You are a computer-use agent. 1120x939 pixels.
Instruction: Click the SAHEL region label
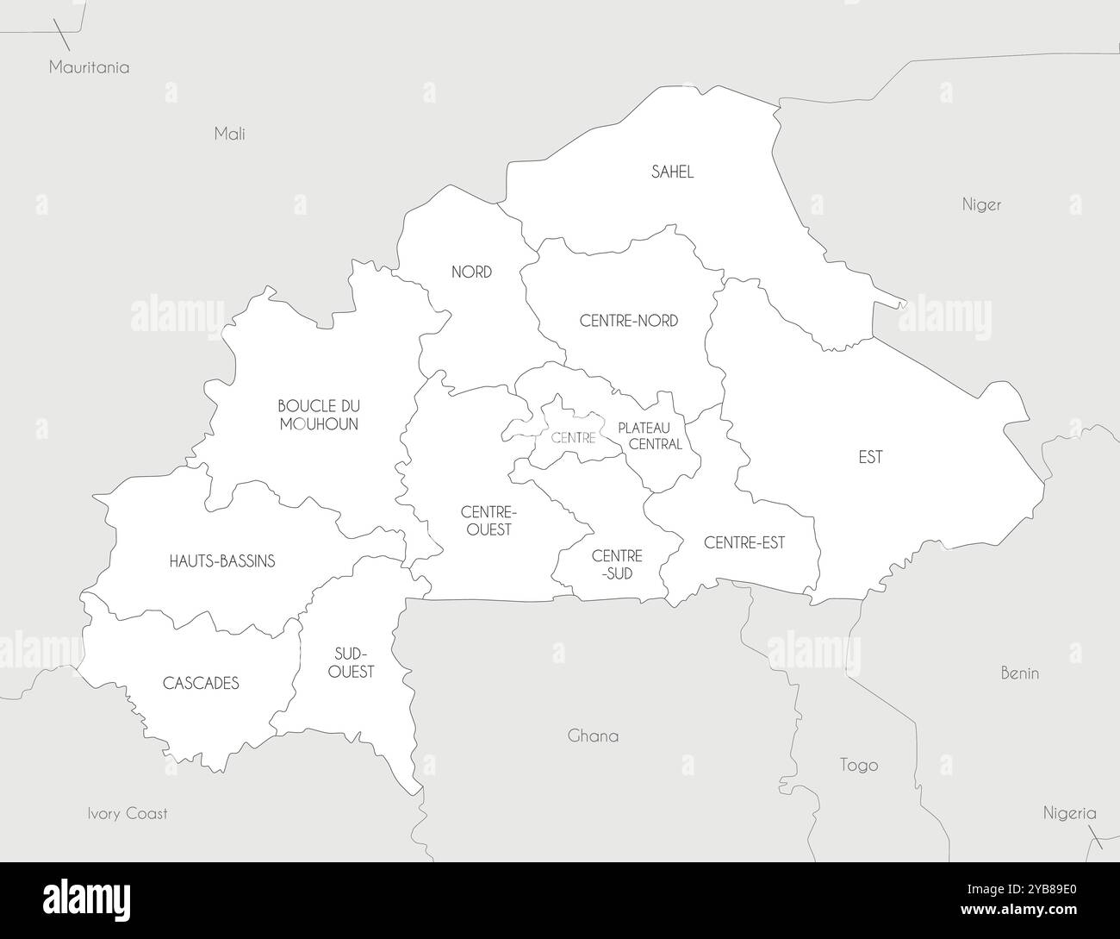coord(672,172)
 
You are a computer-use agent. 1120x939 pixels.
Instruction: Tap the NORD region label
coord(471,272)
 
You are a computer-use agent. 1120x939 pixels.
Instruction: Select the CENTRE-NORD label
coord(629,321)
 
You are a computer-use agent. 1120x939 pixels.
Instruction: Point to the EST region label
coord(870,457)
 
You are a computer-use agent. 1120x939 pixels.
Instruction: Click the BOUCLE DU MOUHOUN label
coord(319,415)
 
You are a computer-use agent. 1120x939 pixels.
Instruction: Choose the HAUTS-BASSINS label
coord(222,561)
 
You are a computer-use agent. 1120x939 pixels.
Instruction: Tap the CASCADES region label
coord(201,684)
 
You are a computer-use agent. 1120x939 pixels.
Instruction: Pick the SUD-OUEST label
coord(352,661)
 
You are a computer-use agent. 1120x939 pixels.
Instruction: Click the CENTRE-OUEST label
coord(488,520)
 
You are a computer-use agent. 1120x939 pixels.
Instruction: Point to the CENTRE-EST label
coord(744,542)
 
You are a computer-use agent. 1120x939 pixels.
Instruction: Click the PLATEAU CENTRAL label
coord(650,435)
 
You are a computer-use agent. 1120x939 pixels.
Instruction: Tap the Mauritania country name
coord(89,67)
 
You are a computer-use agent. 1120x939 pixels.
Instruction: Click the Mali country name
coord(229,134)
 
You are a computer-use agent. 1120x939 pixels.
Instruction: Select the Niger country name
coord(981,205)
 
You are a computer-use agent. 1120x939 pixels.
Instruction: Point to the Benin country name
coord(1019,673)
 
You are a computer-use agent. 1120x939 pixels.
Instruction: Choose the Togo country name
coord(859,765)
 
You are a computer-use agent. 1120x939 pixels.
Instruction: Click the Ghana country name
coord(593,736)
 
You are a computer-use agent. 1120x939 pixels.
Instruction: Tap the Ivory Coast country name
coord(128,813)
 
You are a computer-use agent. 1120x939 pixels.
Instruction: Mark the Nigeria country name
coord(1069,812)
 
